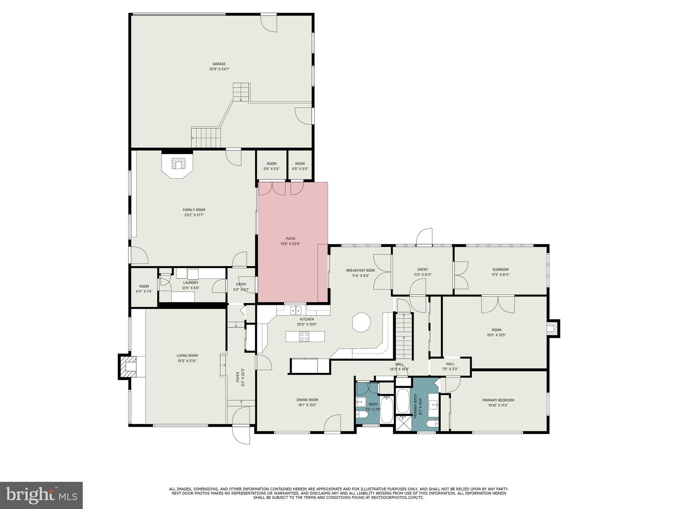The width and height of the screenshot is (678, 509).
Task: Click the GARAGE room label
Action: pos(219,64)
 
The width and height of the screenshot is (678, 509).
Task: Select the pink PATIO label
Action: pos(290,239)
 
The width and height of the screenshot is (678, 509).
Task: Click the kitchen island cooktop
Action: pos(304,336)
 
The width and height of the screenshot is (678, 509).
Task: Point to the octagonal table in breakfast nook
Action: pos(361,322)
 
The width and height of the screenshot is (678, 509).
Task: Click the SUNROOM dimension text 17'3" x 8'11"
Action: pos(500,275)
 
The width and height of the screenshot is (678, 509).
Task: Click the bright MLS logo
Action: pos(41,495)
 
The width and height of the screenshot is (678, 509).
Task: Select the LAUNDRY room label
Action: pos(191,283)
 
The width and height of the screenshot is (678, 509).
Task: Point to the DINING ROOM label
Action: pos(308,400)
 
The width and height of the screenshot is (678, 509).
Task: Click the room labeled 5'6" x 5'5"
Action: pos(271,166)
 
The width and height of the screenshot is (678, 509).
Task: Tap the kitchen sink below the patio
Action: pos(295,310)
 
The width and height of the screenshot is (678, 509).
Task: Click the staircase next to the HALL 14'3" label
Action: pos(404,336)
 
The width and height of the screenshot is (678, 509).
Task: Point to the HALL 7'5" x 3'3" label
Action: pos(450,366)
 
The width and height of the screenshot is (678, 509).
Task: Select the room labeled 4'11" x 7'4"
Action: pos(144,289)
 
